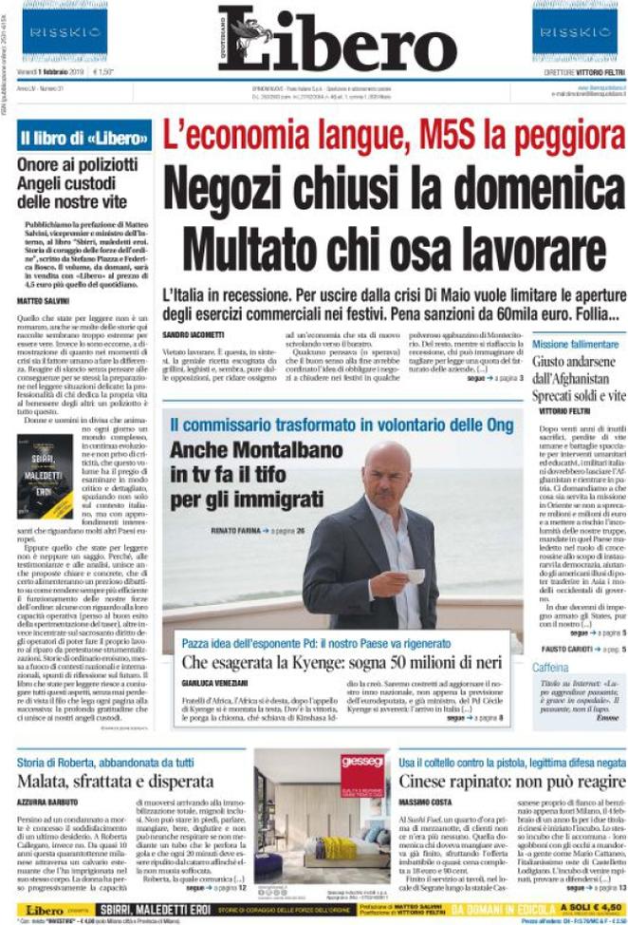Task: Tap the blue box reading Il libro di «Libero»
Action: click(x=84, y=138)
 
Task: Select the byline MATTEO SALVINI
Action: click(x=45, y=300)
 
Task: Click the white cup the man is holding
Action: click(x=415, y=576)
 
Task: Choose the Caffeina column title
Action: click(x=549, y=669)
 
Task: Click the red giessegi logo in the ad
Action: click(x=362, y=764)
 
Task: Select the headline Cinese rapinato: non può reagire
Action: click(x=510, y=781)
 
